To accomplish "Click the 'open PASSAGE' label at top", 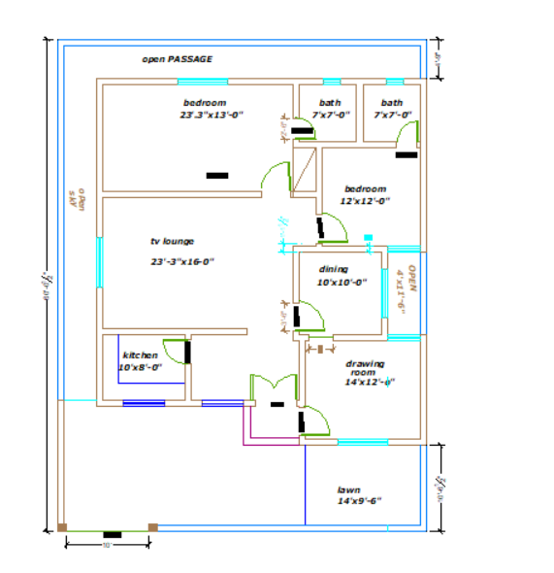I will (x=177, y=59).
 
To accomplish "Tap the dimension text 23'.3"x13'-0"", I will (x=211, y=115).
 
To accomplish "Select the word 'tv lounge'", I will (x=172, y=241).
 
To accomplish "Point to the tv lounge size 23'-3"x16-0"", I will (x=181, y=261).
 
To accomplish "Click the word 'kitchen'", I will (x=140, y=355).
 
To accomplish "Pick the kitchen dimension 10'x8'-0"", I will (x=140, y=368).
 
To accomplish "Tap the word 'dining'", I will (x=334, y=270).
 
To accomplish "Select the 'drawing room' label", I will (x=364, y=368).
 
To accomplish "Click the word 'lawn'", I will (x=348, y=490).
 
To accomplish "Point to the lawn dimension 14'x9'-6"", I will (x=359, y=502).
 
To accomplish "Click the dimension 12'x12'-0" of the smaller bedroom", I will (x=364, y=201).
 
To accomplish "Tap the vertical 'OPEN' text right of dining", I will (x=412, y=280).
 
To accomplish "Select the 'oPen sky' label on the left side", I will (x=78, y=200).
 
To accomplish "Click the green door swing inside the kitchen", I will (x=175, y=352).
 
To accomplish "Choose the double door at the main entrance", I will (x=276, y=387).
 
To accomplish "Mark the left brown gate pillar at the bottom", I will (x=63, y=527).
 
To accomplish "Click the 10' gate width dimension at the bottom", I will (x=107, y=545).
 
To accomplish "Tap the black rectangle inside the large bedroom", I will (x=217, y=176).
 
